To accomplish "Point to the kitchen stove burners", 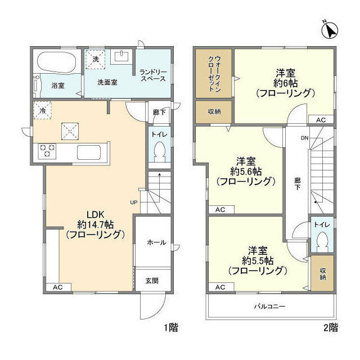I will pos(46,151).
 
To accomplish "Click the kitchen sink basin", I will pos(89,152).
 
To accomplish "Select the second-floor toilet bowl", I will pos(322,241).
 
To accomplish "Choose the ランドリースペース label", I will pos(153,74).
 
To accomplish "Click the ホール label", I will pos(156,242).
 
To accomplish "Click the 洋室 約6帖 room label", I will pos(285,83).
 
